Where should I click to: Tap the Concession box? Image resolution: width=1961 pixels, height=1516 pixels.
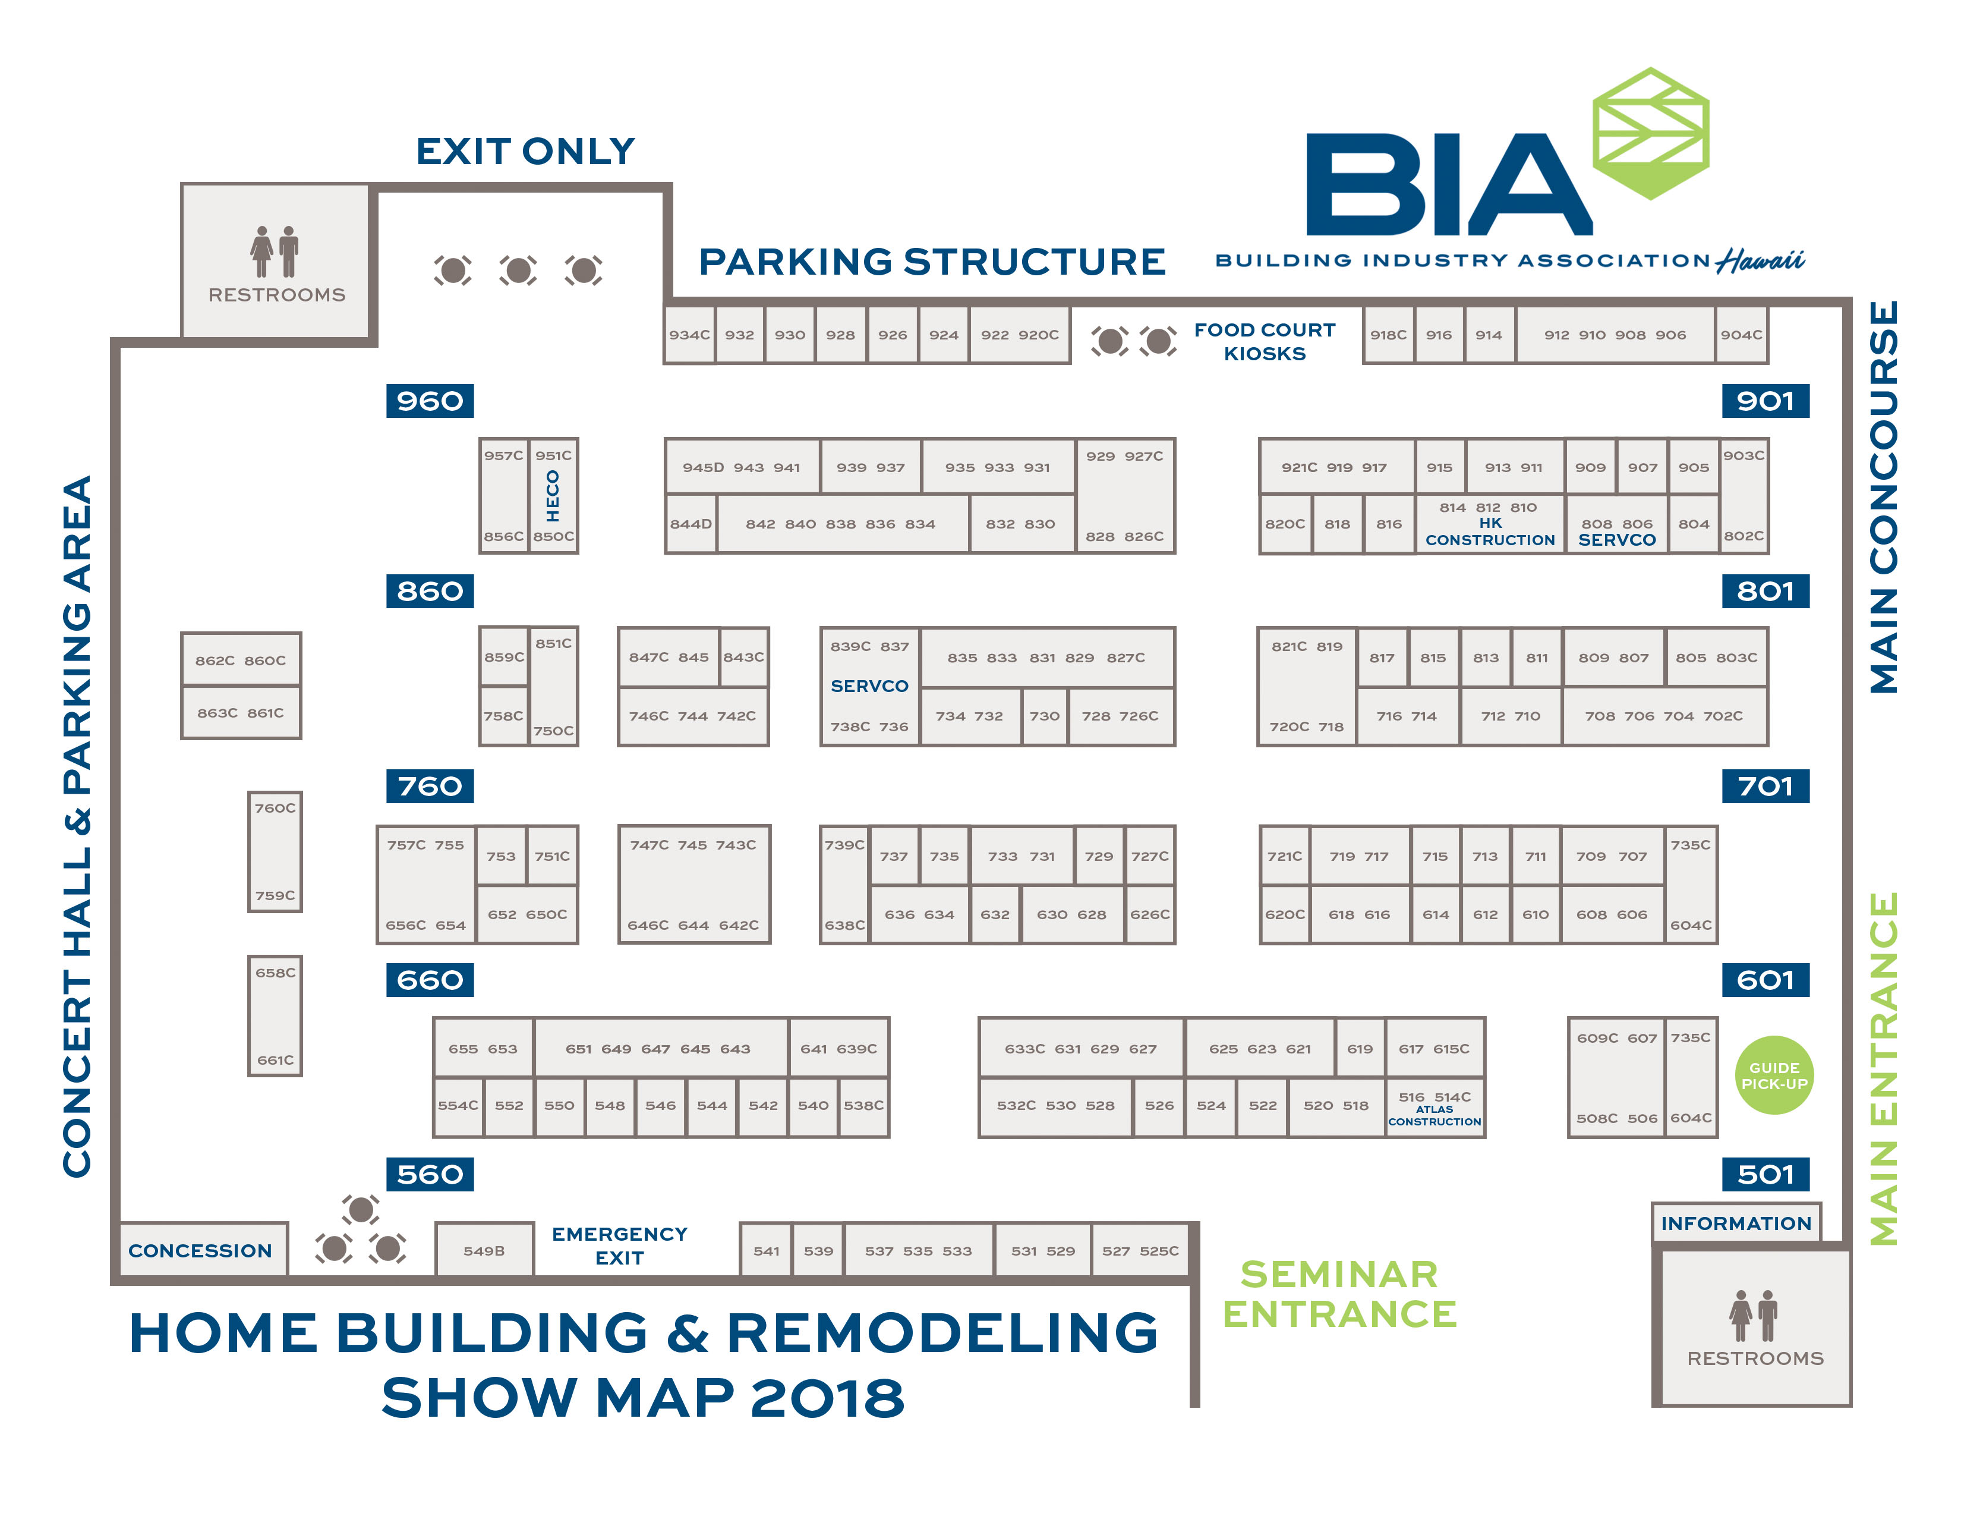tap(200, 1250)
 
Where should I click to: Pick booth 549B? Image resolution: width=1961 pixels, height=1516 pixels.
tap(484, 1250)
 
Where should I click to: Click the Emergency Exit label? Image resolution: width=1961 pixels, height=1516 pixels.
tap(620, 1245)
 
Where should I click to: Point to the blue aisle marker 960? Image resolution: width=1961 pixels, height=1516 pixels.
tap(430, 401)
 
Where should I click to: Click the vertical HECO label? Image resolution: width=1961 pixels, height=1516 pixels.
tap(553, 496)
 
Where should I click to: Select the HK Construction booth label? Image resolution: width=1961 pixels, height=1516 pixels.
tap(1490, 531)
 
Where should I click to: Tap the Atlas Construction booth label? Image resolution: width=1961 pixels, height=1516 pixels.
tap(1434, 1115)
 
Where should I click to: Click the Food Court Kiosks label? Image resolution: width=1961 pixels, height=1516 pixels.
tap(1264, 341)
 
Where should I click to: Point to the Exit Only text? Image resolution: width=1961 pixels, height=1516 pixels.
tap(525, 151)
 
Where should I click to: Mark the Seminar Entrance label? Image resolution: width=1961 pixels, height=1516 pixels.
tap(1339, 1293)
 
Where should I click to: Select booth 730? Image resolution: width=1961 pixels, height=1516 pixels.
tap(1044, 716)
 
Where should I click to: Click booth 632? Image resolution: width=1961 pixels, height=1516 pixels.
tap(995, 914)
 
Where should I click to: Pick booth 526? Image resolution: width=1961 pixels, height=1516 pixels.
tap(1158, 1106)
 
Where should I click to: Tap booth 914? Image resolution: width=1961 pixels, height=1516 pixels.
tap(1488, 335)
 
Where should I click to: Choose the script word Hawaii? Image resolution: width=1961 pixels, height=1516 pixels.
tap(1760, 260)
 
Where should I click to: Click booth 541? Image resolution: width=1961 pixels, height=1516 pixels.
tap(766, 1250)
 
